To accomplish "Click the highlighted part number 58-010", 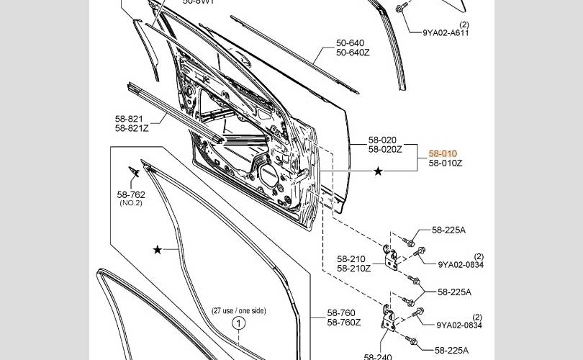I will point(443,153).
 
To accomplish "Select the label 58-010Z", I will point(446,163).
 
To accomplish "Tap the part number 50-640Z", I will point(353,53).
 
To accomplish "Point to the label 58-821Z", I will point(131,128).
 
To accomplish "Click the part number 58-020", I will point(382,140).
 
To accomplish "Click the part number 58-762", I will point(131,194).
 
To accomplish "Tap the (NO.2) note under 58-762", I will point(131,203).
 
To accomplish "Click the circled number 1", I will point(238,323).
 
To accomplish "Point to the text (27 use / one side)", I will point(238,311).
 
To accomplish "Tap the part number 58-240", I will point(378,356).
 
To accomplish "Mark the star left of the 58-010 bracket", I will point(379,171).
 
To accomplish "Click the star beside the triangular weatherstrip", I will point(158,250).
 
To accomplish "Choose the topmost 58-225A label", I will point(448,230).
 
